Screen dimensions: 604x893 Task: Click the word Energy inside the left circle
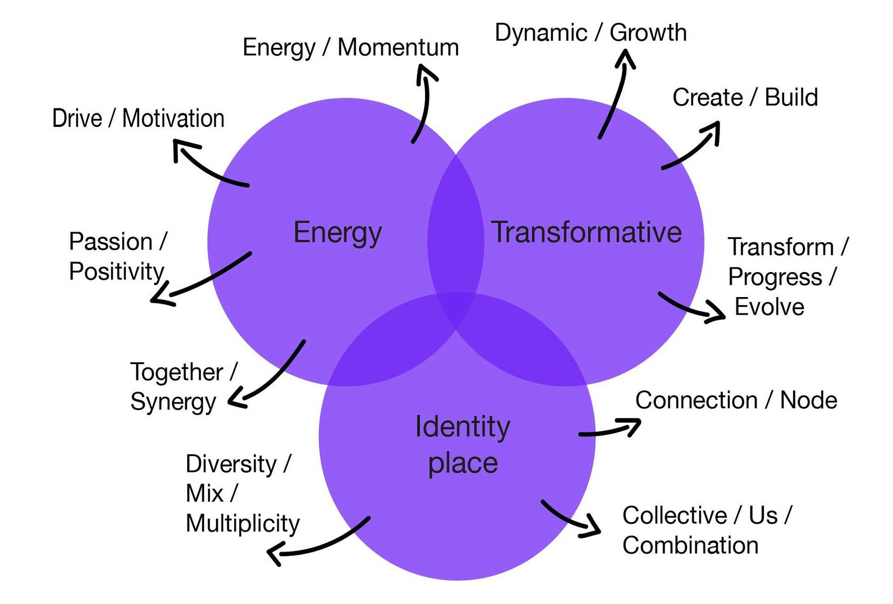pos(338,232)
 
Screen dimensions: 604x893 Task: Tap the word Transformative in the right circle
pos(586,232)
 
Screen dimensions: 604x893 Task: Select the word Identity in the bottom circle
pos(462,427)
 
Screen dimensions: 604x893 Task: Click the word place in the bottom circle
pos(463,463)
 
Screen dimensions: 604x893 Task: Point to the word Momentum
pos(398,47)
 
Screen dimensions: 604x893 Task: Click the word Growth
pos(648,33)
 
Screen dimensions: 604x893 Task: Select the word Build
pos(791,97)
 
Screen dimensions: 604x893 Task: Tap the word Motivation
pos(173,118)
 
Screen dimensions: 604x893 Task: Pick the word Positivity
pos(116,271)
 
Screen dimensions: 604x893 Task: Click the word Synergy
pos(173,401)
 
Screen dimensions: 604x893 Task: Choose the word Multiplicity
pos(242,524)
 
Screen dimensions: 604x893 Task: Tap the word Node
pos(808,400)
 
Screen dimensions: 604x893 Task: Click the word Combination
pos(690,545)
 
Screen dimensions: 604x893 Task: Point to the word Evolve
pos(769,307)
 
